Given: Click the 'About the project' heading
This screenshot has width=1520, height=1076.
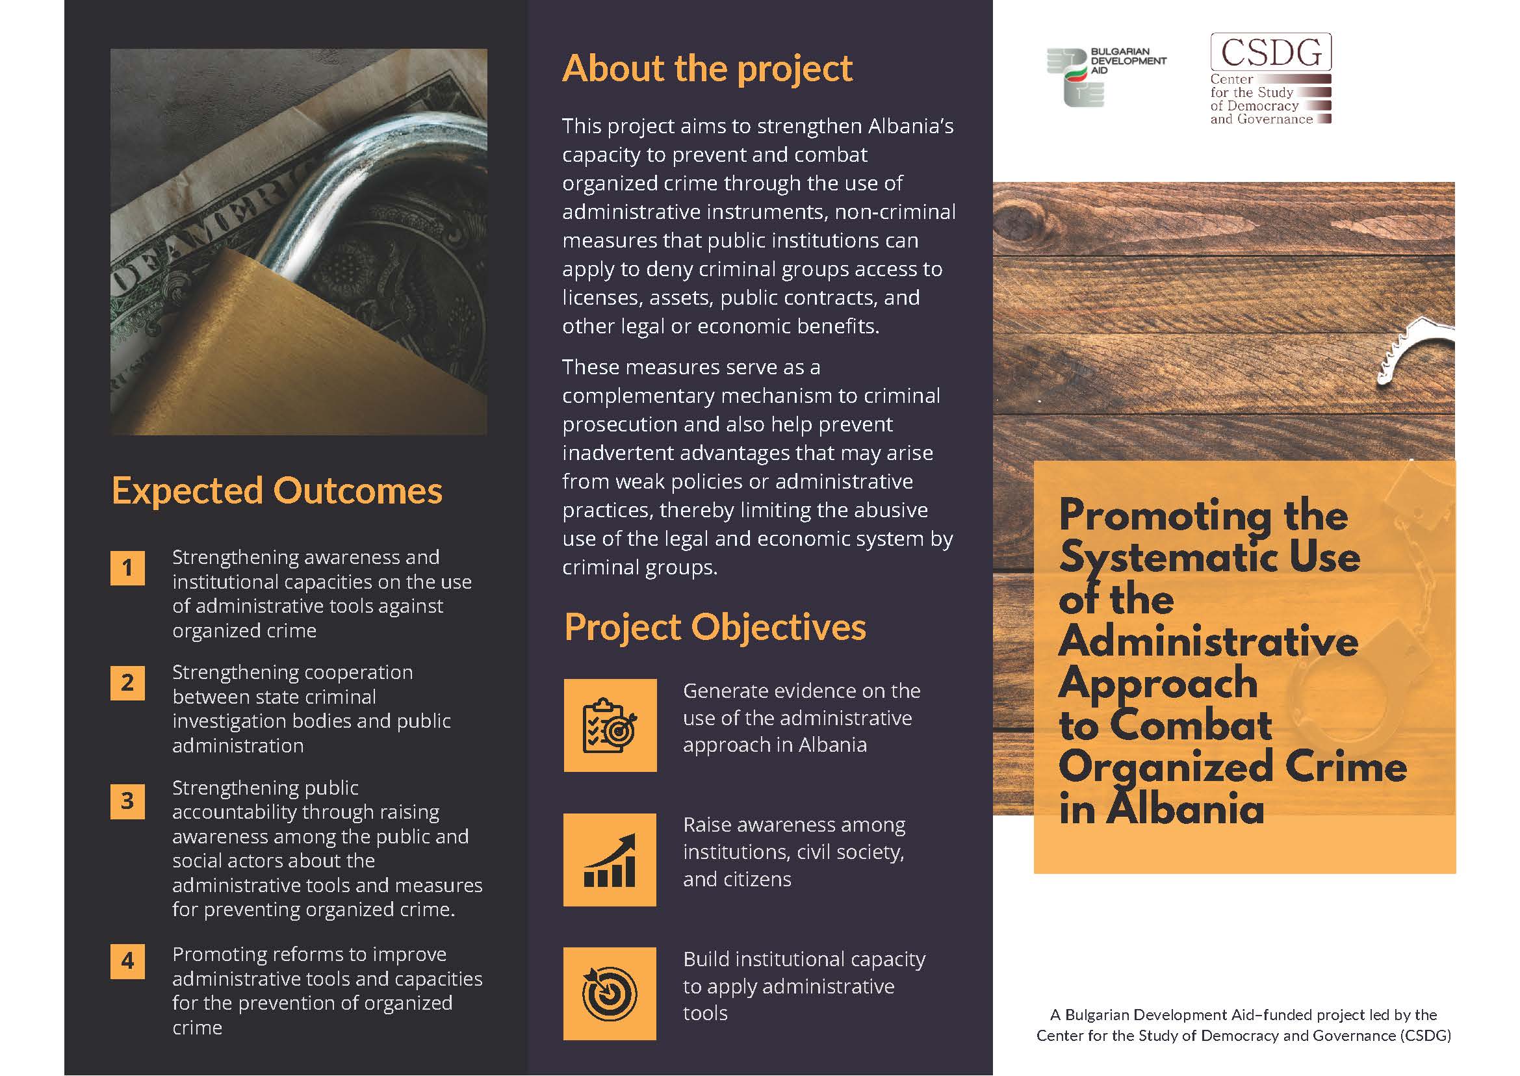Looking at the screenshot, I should (x=707, y=69).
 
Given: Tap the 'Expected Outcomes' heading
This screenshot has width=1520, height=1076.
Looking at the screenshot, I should (x=277, y=491).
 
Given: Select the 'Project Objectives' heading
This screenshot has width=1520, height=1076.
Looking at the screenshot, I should (x=715, y=628).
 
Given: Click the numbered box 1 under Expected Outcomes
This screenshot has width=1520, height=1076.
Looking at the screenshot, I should (x=127, y=568).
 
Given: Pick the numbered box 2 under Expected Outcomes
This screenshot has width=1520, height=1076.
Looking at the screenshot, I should (x=127, y=682).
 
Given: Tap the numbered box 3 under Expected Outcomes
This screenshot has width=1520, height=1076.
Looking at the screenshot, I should (x=127, y=801).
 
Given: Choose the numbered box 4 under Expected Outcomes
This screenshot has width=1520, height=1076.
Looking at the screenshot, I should (x=127, y=961).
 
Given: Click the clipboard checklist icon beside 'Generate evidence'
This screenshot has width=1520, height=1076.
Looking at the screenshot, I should (x=610, y=725).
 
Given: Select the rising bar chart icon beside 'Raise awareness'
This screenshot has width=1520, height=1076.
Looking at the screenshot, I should (x=610, y=860).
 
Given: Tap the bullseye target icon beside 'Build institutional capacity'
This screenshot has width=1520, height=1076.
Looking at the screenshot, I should (x=610, y=993).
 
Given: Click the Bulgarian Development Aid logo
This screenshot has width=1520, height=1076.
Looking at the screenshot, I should (x=1105, y=76).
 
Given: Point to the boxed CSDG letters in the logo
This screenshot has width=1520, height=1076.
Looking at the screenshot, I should (x=1270, y=52).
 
